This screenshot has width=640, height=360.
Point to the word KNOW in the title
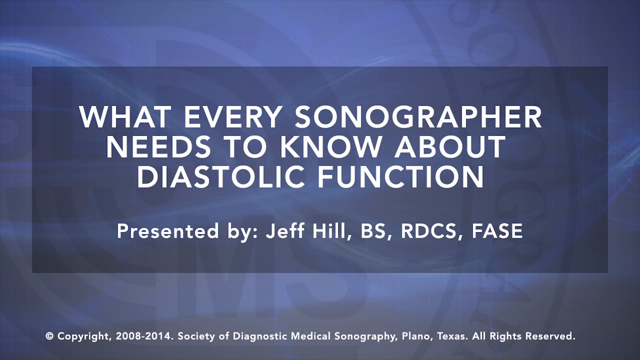tap(331, 147)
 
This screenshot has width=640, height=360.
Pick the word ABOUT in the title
tap(450, 147)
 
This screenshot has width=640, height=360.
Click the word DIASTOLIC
tap(221, 176)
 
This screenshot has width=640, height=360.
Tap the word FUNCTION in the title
tap(400, 176)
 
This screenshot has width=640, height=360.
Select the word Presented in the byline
tap(168, 231)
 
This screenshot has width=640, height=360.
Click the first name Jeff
tap(285, 231)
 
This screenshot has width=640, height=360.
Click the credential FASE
tap(497, 231)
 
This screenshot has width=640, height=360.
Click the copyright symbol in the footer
tap(50, 336)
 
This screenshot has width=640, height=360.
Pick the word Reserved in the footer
tap(550, 336)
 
